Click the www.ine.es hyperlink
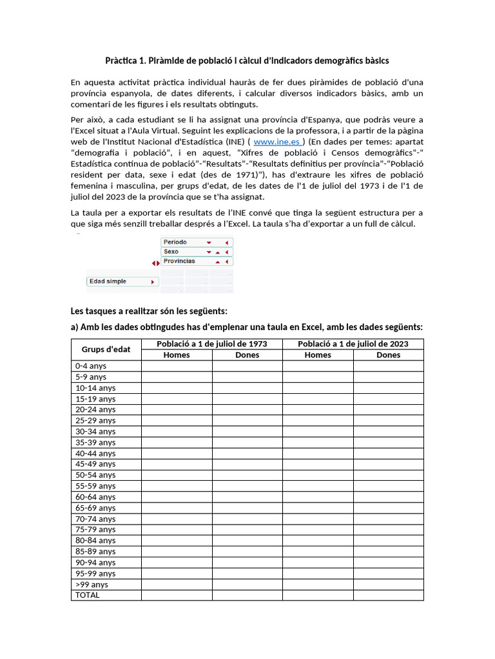277,142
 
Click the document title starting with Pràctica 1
247,61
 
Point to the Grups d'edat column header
106,349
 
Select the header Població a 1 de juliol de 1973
211,344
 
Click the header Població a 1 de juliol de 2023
353,344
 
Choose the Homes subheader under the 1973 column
177,355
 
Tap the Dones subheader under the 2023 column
388,355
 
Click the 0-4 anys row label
91,366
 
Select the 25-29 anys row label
95,420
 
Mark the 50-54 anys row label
95,475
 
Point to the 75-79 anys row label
95,530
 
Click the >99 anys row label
92,584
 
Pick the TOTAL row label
88,595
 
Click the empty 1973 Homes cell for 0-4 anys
177,366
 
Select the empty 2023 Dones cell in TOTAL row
388,595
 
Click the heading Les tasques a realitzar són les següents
149,311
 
